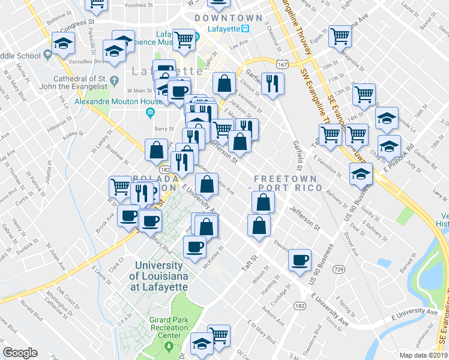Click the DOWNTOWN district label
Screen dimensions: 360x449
point(228,19)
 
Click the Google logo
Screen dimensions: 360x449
point(20,353)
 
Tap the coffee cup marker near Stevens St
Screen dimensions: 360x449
point(300,260)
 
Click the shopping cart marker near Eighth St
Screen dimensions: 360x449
point(340,37)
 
